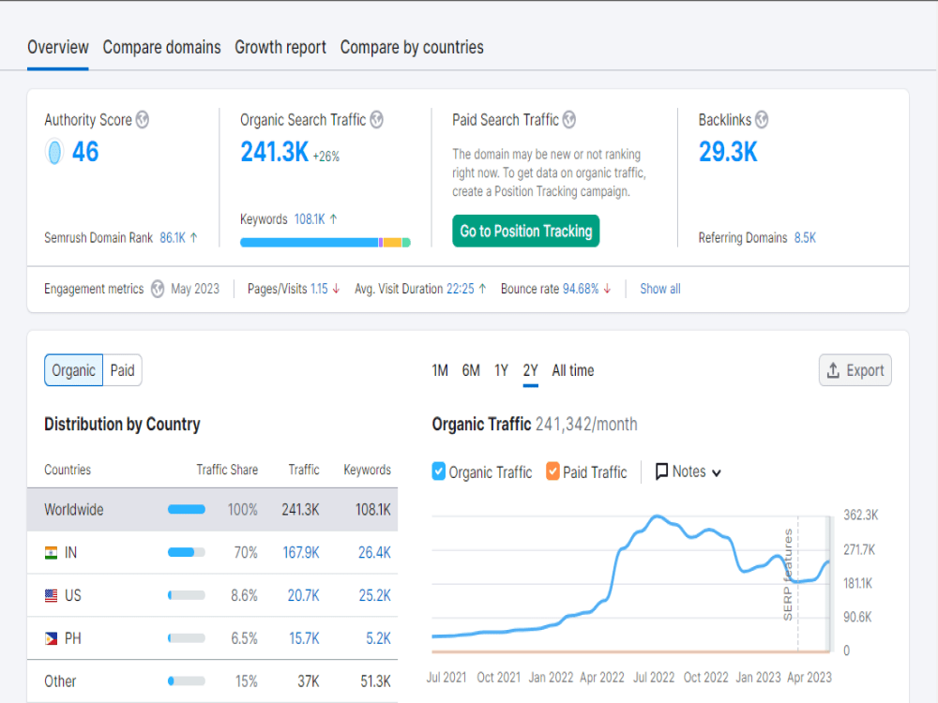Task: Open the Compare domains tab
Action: [161, 47]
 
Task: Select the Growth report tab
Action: [280, 47]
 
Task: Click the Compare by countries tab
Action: [412, 47]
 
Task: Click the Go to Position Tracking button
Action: [526, 231]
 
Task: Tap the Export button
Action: [855, 370]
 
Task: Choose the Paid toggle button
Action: [123, 370]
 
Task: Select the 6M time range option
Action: [471, 370]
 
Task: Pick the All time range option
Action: [573, 370]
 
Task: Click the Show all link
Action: [660, 289]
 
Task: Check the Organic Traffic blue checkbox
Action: [438, 471]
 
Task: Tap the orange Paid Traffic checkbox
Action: [552, 471]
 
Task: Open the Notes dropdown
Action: [688, 471]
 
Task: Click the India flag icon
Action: [52, 553]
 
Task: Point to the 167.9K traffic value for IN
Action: [301, 552]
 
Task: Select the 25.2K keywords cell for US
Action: [374, 595]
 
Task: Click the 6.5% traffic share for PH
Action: [244, 638]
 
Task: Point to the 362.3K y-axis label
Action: [861, 515]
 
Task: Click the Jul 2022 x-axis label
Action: [654, 678]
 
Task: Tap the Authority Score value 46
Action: [85, 152]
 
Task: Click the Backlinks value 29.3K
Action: [728, 152]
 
